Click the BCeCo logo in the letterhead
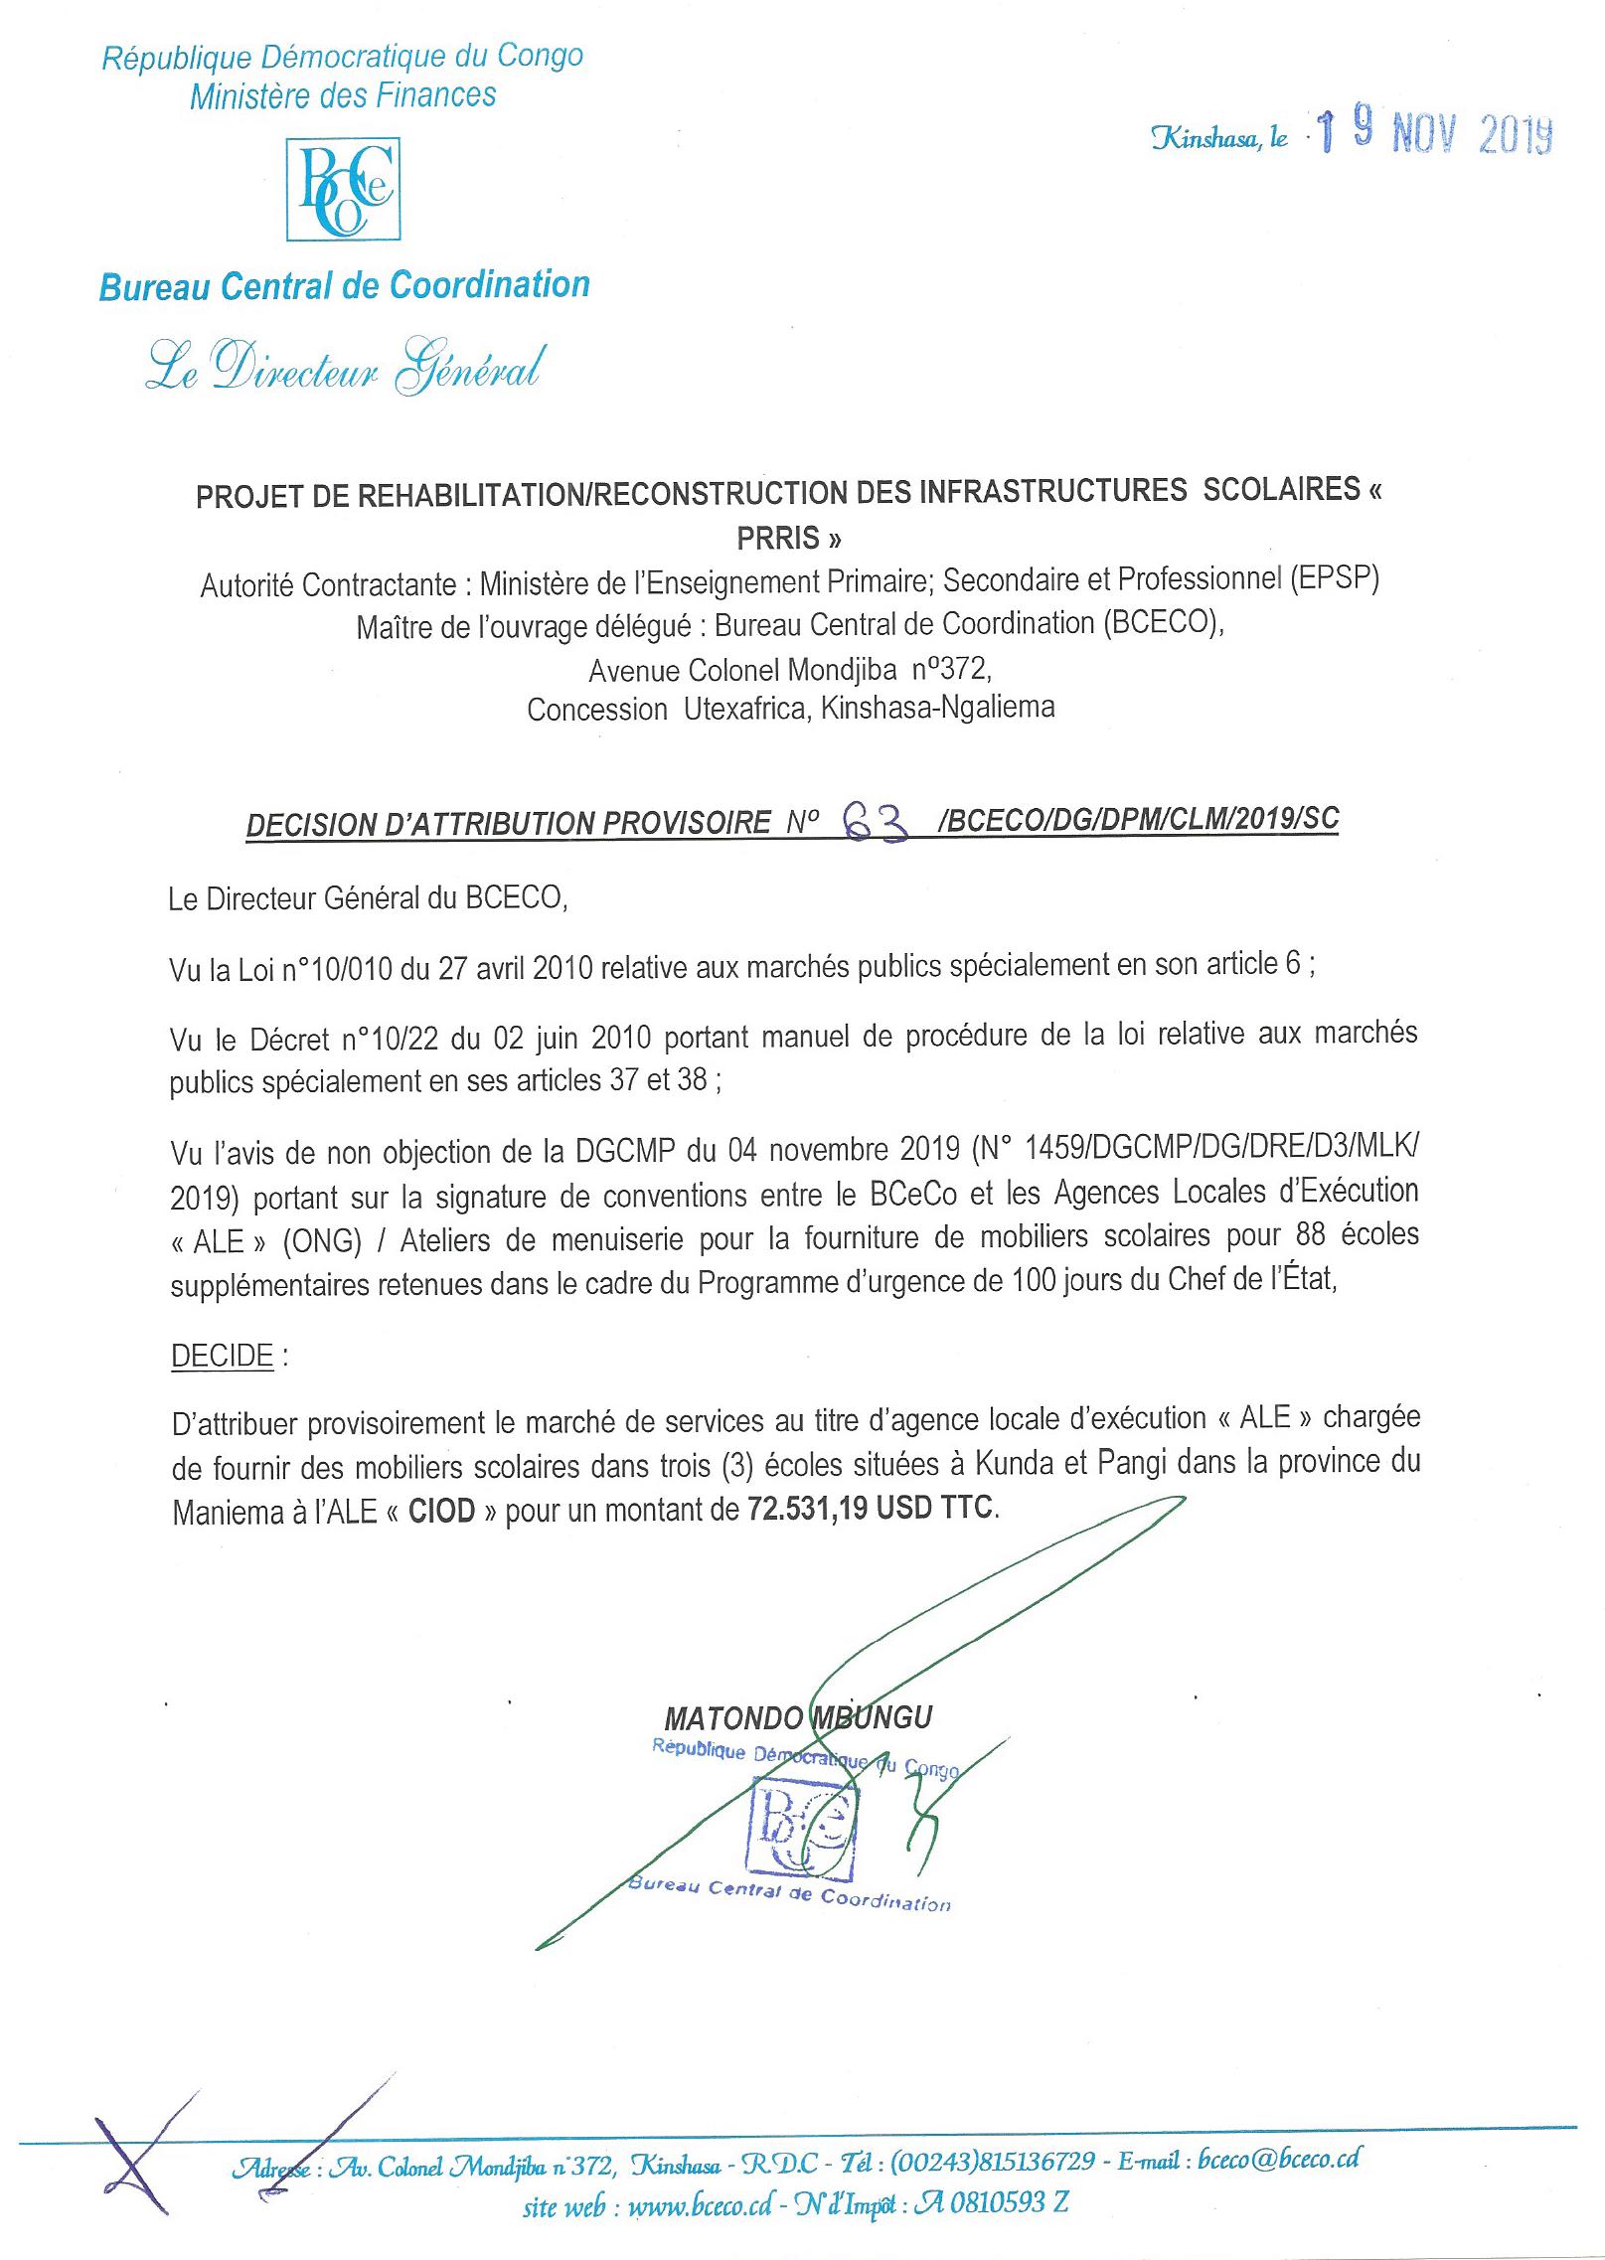point(344,189)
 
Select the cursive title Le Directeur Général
point(344,369)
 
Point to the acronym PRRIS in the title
point(780,538)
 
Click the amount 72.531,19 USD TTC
point(870,1508)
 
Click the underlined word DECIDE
point(223,1356)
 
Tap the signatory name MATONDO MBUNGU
point(799,1717)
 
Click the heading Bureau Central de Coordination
point(345,286)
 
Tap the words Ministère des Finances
point(343,95)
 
